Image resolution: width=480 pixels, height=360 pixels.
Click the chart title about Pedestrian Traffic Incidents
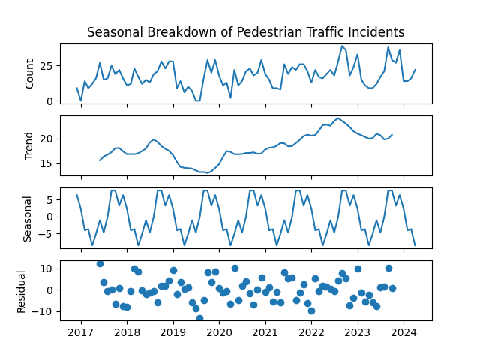[246, 32]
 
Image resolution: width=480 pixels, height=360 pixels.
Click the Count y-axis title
[30, 73]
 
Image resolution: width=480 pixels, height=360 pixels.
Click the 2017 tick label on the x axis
[81, 332]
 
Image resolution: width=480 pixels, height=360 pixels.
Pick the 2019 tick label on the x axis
[173, 332]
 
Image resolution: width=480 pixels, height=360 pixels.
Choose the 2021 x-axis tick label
[265, 332]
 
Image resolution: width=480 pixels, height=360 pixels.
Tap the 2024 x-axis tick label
[403, 332]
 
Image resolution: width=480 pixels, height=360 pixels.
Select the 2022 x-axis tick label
[311, 332]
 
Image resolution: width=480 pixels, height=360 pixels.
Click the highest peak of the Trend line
[338, 118]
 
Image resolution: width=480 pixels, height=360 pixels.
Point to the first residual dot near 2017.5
[100, 263]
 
